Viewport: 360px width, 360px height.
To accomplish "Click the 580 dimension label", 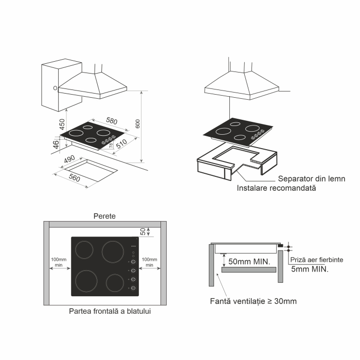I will point(112,122).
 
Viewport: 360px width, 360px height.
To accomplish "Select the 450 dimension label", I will point(62,124).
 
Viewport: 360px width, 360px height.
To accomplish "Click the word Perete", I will point(104,216).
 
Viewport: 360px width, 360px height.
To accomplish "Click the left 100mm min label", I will point(59,263).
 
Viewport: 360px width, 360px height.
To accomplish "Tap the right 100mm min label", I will point(150,263).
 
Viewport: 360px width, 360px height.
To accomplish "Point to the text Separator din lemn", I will point(311,179).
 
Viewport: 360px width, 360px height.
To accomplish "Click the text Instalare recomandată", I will point(276,188).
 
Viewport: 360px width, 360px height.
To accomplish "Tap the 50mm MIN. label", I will point(249,261).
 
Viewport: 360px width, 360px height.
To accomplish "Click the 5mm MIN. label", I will point(310,268).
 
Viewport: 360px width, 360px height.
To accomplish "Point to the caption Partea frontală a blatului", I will point(110,311).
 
